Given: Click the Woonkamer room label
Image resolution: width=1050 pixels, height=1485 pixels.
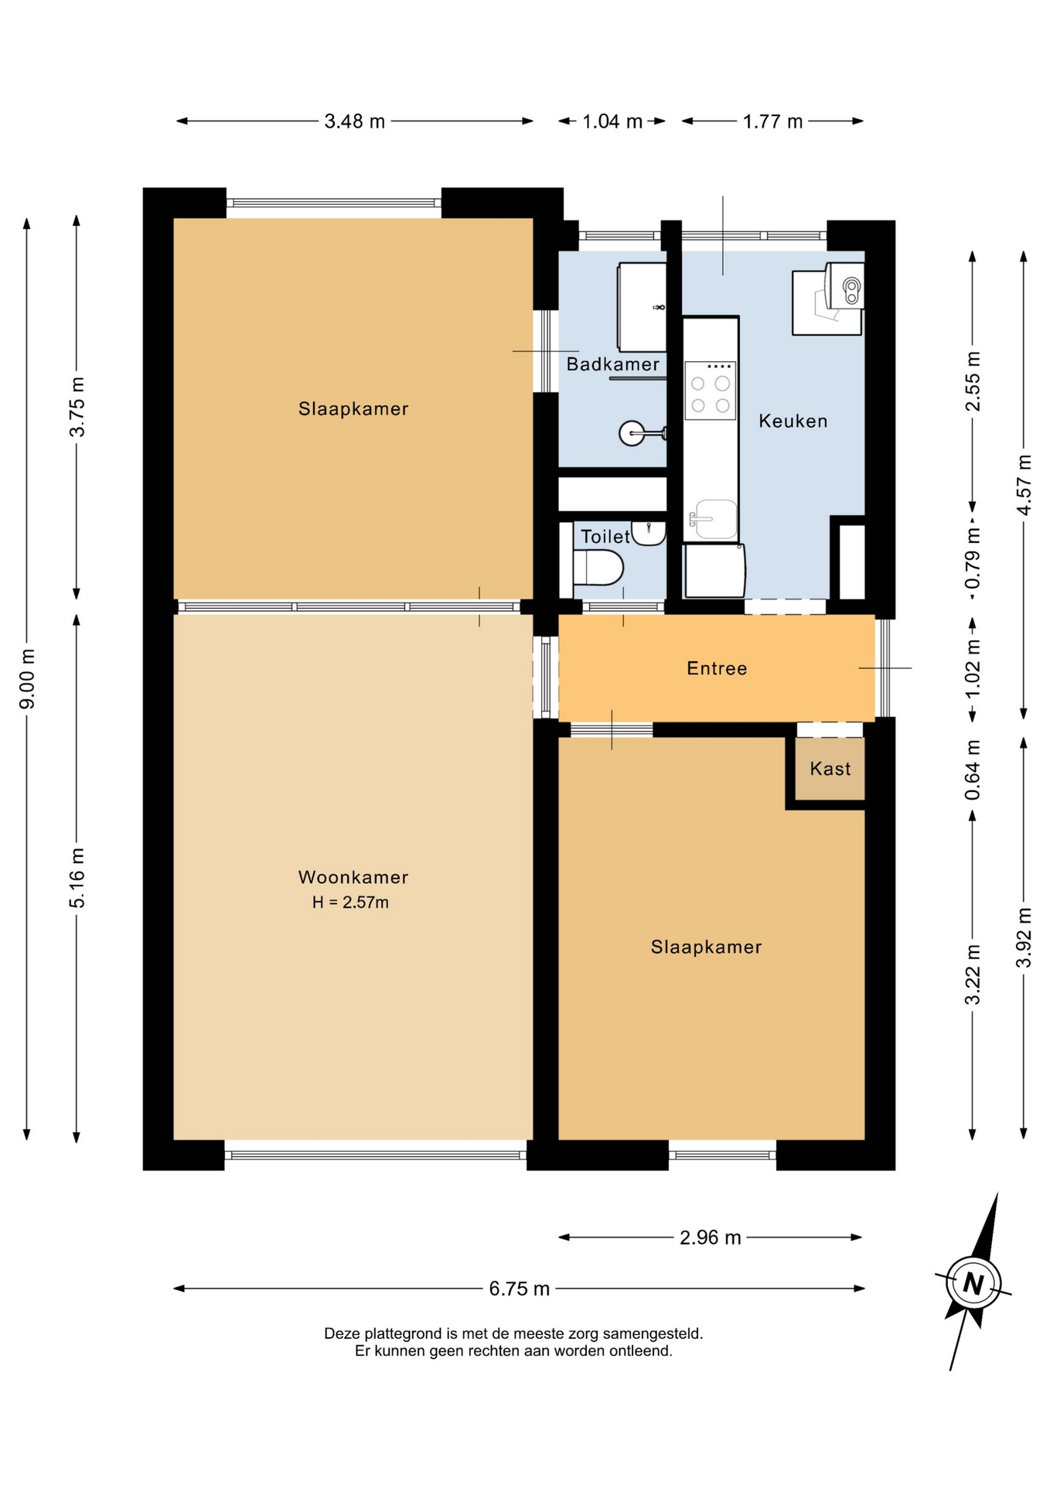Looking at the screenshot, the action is click(x=353, y=877).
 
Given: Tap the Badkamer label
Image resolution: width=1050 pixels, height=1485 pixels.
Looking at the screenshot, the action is click(x=613, y=364).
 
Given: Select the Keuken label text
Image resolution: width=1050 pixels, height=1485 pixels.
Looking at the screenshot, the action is click(x=793, y=421).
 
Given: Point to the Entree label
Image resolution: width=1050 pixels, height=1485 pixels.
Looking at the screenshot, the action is click(x=717, y=668).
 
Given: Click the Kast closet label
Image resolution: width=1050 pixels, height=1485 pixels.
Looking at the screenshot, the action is click(x=830, y=769).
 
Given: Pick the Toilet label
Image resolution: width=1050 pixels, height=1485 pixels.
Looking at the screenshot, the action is click(x=605, y=537).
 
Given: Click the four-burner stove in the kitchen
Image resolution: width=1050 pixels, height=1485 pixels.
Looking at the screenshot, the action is click(x=711, y=391).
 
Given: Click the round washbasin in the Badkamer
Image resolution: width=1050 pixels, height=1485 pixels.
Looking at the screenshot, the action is click(x=632, y=433).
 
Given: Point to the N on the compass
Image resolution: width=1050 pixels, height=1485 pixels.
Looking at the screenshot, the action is click(x=973, y=1284).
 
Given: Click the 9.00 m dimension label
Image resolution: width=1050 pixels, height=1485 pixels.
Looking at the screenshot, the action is click(x=27, y=679).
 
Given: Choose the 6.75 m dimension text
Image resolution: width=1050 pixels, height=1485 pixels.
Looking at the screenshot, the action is click(x=520, y=1289).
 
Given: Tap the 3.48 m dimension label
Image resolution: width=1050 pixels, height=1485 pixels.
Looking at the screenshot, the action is click(x=355, y=121).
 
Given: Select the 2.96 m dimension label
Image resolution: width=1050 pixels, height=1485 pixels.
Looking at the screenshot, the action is click(x=711, y=1237).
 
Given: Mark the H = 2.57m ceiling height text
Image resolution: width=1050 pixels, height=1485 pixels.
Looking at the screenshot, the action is click(x=350, y=903).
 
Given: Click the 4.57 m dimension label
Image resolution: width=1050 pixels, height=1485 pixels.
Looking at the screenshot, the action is click(x=1024, y=485).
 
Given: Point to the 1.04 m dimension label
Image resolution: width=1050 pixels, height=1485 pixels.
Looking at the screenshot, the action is click(x=612, y=121).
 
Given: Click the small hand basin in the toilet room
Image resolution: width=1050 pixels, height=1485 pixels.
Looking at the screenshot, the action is click(x=648, y=532).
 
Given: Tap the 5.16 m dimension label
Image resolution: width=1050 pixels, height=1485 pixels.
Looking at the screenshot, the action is click(x=77, y=878).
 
